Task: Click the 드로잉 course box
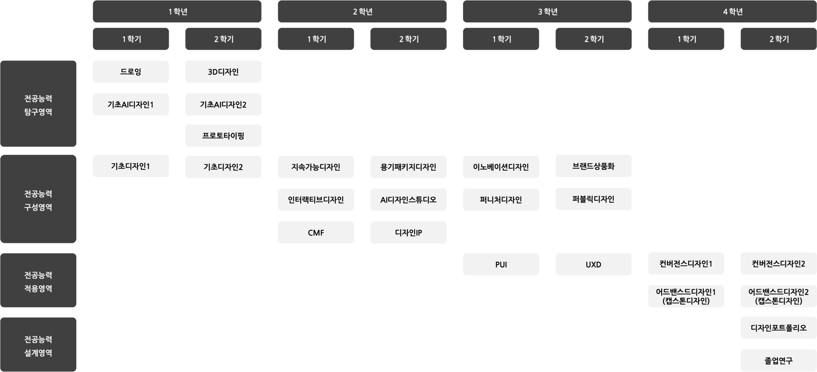pyautogui.click(x=131, y=72)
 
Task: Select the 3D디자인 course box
pyautogui.click(x=223, y=72)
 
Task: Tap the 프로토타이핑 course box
pyautogui.click(x=223, y=136)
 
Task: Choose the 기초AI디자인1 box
pyautogui.click(x=131, y=104)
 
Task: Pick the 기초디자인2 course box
pyautogui.click(x=223, y=167)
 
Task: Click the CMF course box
pyautogui.click(x=316, y=232)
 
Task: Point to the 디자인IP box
pyautogui.click(x=408, y=232)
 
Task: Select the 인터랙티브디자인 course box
pyautogui.click(x=316, y=200)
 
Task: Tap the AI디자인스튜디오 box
pyautogui.click(x=408, y=200)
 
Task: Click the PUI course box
pyautogui.click(x=501, y=264)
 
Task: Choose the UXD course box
pyautogui.click(x=593, y=264)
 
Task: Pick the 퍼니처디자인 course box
pyautogui.click(x=501, y=200)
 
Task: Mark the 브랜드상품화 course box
pyautogui.click(x=593, y=166)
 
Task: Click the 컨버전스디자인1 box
pyautogui.click(x=686, y=263)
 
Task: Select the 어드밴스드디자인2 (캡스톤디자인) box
pyautogui.click(x=778, y=296)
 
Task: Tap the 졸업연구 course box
pyautogui.click(x=778, y=361)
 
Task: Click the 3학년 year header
pyautogui.click(x=547, y=11)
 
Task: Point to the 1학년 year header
pyautogui.click(x=177, y=11)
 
